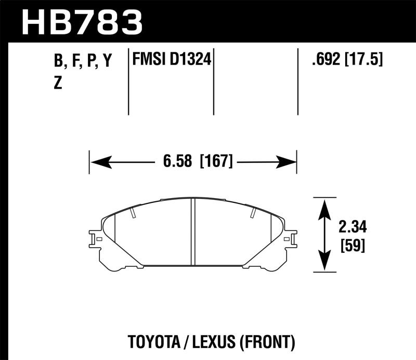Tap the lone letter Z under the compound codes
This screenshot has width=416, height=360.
(x=58, y=83)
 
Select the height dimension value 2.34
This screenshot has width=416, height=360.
(x=353, y=227)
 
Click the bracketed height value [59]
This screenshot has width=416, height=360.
(x=352, y=244)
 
